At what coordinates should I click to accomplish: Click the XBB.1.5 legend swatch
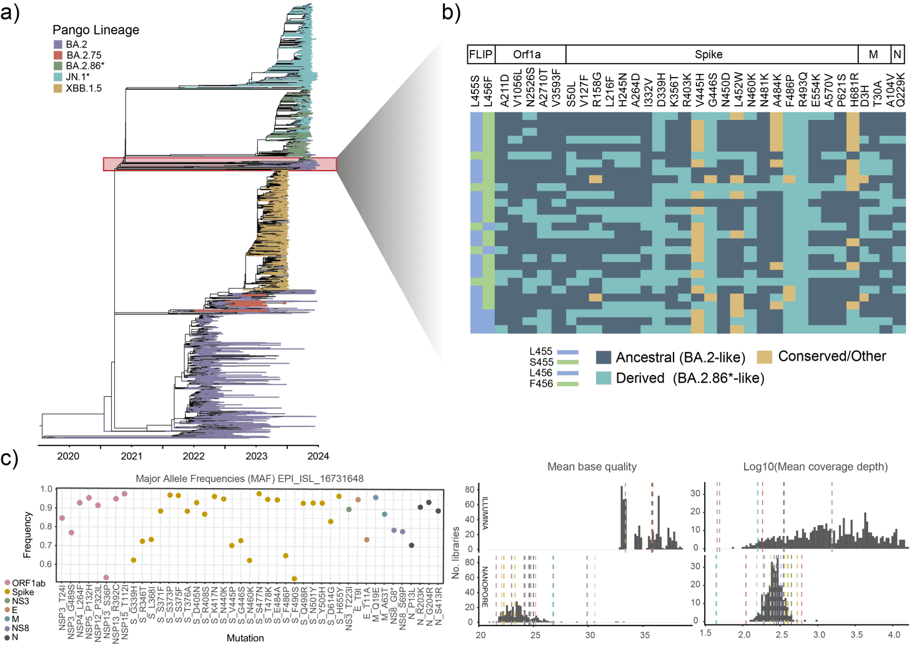tap(57, 88)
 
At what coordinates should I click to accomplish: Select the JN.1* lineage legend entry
tap(77, 77)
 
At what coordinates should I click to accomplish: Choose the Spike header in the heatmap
tap(708, 55)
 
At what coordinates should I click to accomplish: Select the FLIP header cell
tap(481, 55)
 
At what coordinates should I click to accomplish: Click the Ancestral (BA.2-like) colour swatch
tap(603, 357)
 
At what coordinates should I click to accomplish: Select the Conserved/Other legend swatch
tap(765, 357)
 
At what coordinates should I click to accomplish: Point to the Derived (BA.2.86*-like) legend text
tap(690, 378)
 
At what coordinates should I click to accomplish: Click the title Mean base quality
tap(592, 467)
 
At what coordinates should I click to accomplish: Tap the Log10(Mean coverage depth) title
tap(815, 467)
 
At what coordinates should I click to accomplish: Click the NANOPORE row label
tap(484, 587)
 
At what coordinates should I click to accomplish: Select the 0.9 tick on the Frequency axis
tap(46, 508)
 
